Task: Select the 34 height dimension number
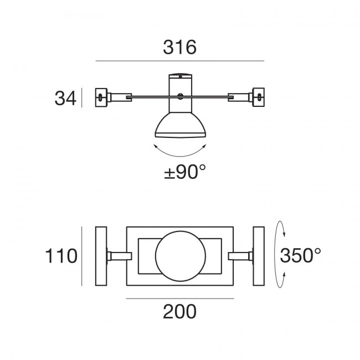pyautogui.click(x=64, y=98)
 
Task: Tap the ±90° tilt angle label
pyautogui.click(x=180, y=172)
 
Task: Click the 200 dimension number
pyautogui.click(x=179, y=313)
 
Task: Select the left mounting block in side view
pyautogui.click(x=100, y=97)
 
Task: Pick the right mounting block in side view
pyautogui.click(x=259, y=97)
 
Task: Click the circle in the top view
pyautogui.click(x=179, y=255)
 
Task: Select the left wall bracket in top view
pyautogui.click(x=101, y=255)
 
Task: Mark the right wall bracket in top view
pyautogui.click(x=259, y=255)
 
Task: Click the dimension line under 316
pyautogui.click(x=179, y=60)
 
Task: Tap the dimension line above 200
pyautogui.click(x=179, y=299)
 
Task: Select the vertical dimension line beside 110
pyautogui.click(x=82, y=255)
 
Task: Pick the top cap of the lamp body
pyautogui.click(x=179, y=76)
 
